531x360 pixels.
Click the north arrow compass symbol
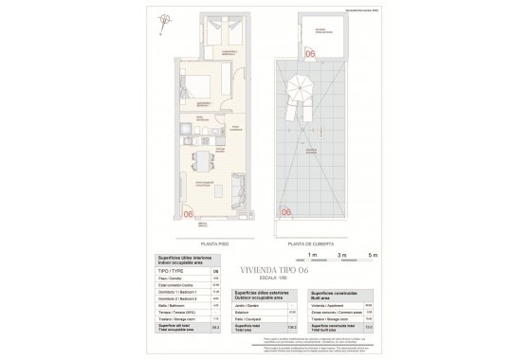166,19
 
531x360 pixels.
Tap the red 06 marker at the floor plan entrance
189,215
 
